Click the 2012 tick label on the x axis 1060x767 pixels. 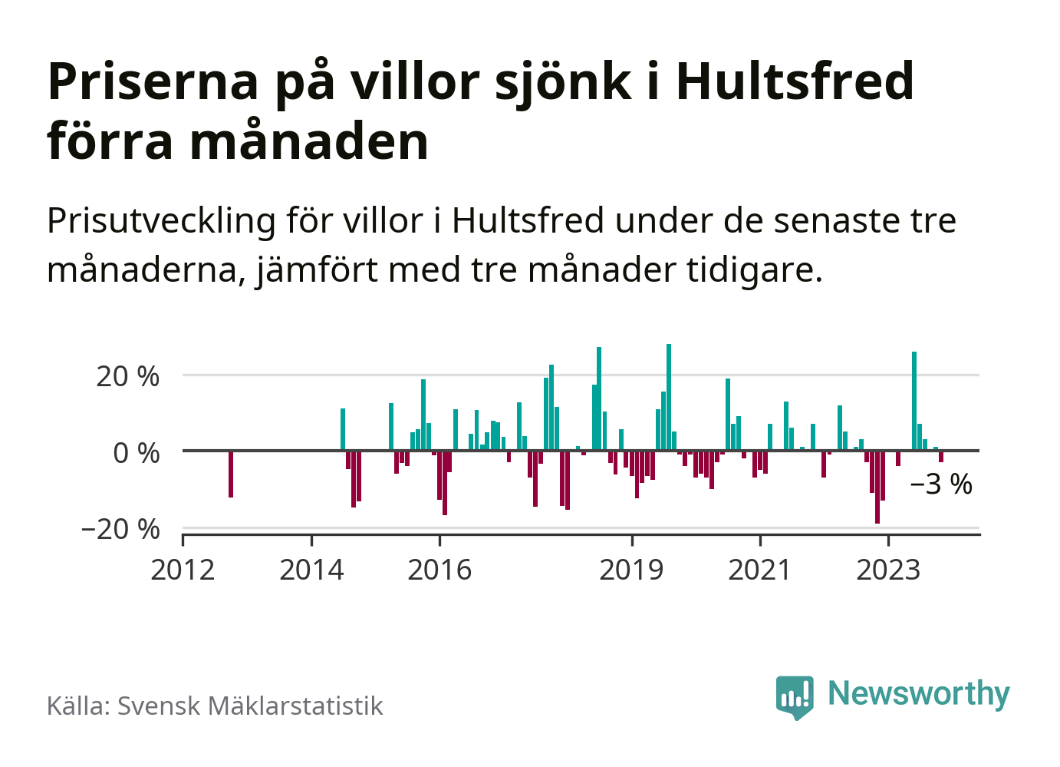[183, 570]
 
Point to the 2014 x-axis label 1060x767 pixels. [311, 570]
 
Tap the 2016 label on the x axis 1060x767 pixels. [439, 570]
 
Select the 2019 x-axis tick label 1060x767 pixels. [631, 570]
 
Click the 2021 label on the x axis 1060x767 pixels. [759, 570]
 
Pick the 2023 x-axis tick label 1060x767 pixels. [887, 570]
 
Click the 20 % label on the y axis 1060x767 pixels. [127, 377]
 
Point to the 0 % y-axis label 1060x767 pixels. [136, 453]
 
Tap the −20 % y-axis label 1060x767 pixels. [120, 529]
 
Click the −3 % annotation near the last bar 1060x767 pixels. [941, 484]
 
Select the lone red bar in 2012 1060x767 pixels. [231, 474]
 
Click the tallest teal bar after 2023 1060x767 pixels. [914, 400]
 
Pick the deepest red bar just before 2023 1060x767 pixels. [877, 487]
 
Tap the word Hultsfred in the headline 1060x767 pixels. [795, 81]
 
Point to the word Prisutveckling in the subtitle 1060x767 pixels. [161, 221]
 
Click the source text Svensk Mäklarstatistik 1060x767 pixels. [249, 706]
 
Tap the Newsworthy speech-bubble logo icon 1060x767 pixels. [794, 696]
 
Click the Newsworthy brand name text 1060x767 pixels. [919, 693]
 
